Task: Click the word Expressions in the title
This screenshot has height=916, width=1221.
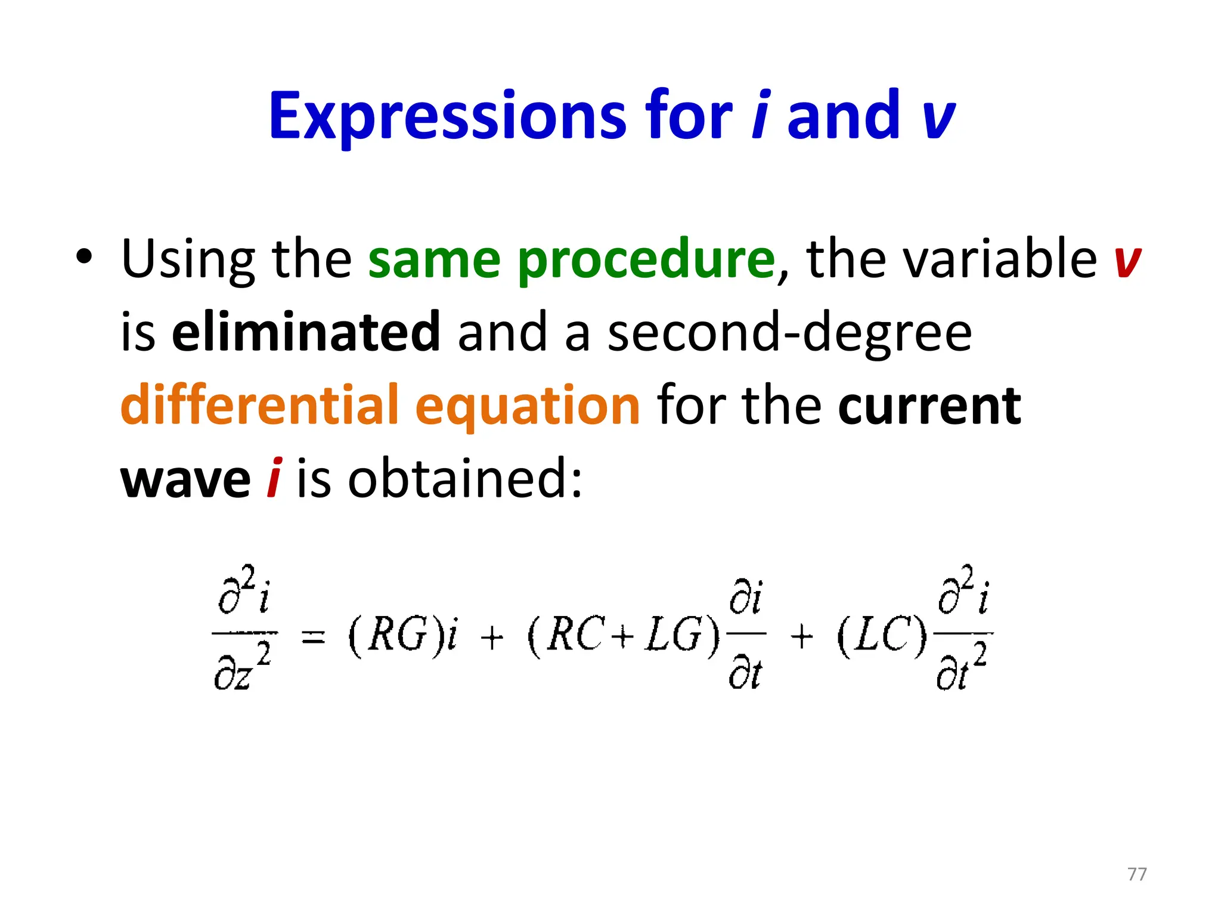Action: point(447,116)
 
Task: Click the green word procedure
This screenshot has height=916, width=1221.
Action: point(646,261)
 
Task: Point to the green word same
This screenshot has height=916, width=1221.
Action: point(434,261)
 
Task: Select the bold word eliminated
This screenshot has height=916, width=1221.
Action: point(306,332)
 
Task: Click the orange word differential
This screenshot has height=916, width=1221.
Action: point(259,406)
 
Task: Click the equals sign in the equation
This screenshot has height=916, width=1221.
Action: point(314,637)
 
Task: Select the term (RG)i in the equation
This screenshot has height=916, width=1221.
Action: point(403,635)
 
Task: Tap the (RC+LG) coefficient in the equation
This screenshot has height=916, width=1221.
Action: point(624,635)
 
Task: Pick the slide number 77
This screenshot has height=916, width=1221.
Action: point(1137,874)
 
